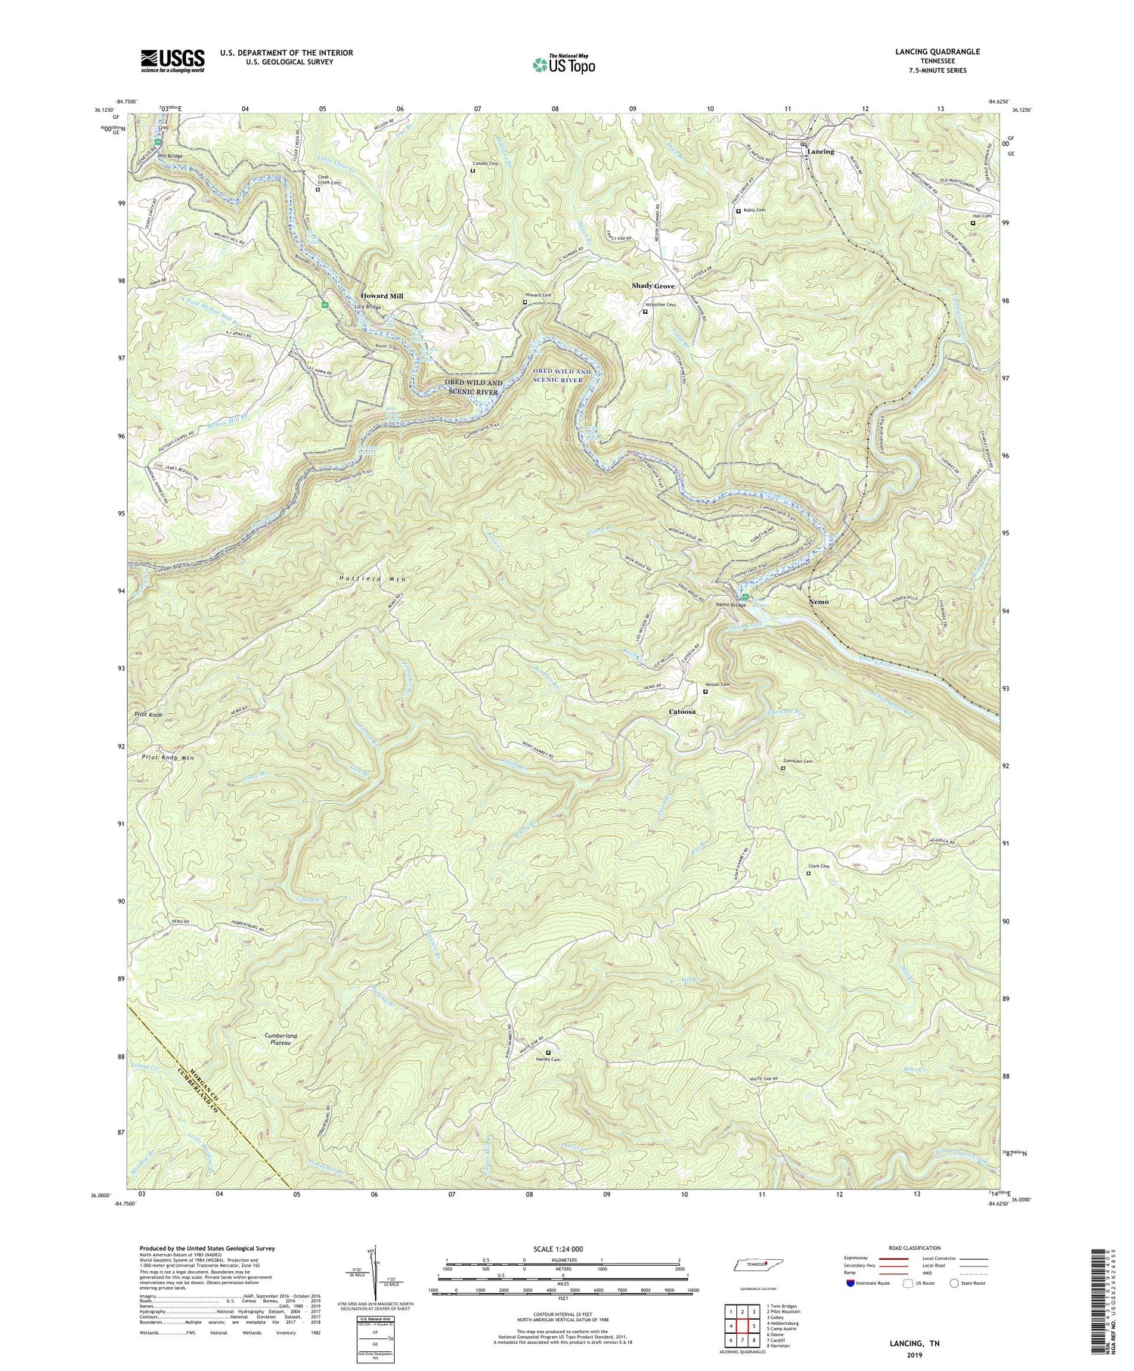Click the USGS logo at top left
tap(172, 60)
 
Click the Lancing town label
tap(820, 151)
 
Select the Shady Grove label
tap(653, 287)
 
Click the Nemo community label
tap(818, 602)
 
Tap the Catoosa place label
tap(682, 712)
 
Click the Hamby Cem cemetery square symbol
tap(548, 1052)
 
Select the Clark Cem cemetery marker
tap(808, 873)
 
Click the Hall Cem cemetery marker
tap(973, 223)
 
